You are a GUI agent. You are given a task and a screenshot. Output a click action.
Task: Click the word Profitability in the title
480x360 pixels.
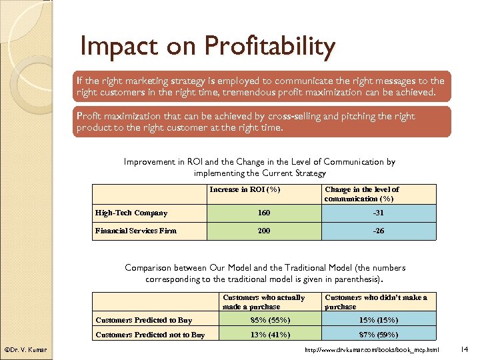tap(270, 47)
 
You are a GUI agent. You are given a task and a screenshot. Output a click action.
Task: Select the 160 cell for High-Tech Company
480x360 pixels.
tap(264, 213)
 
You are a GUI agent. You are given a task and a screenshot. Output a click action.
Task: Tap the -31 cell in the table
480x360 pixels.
tap(377, 213)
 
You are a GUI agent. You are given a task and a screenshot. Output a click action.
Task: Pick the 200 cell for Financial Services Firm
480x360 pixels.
tap(264, 231)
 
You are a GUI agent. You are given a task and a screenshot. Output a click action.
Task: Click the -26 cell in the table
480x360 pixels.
tap(377, 231)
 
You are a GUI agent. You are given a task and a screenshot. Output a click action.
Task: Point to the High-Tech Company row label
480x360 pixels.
tap(131, 213)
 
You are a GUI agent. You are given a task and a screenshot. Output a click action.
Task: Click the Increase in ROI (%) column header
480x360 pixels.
tap(244, 189)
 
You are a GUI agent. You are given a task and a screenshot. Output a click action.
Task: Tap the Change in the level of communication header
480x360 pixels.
tap(362, 194)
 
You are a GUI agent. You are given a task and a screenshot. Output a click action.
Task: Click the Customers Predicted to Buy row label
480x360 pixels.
tap(143, 320)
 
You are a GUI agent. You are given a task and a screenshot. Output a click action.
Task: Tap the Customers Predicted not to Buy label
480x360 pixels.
tap(150, 335)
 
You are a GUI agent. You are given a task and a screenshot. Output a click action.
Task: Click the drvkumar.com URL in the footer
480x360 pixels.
tap(371, 350)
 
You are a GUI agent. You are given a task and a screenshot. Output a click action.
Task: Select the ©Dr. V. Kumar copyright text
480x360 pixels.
tap(25, 350)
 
